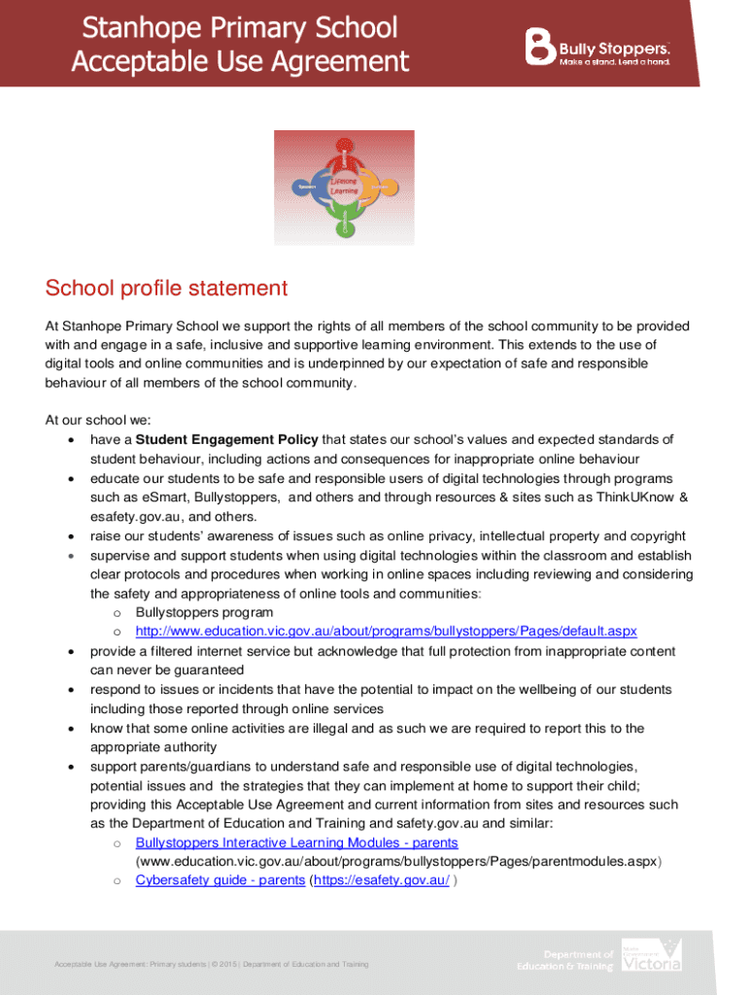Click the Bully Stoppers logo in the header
596,46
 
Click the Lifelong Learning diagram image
343,187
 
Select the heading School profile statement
166,288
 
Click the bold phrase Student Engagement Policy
226,439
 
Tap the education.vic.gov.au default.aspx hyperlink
386,632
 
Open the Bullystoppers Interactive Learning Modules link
296,842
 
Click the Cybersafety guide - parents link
220,880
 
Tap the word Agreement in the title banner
339,62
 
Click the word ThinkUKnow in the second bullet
636,497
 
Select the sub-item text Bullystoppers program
204,612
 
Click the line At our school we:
98,420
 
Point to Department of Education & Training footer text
565,960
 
